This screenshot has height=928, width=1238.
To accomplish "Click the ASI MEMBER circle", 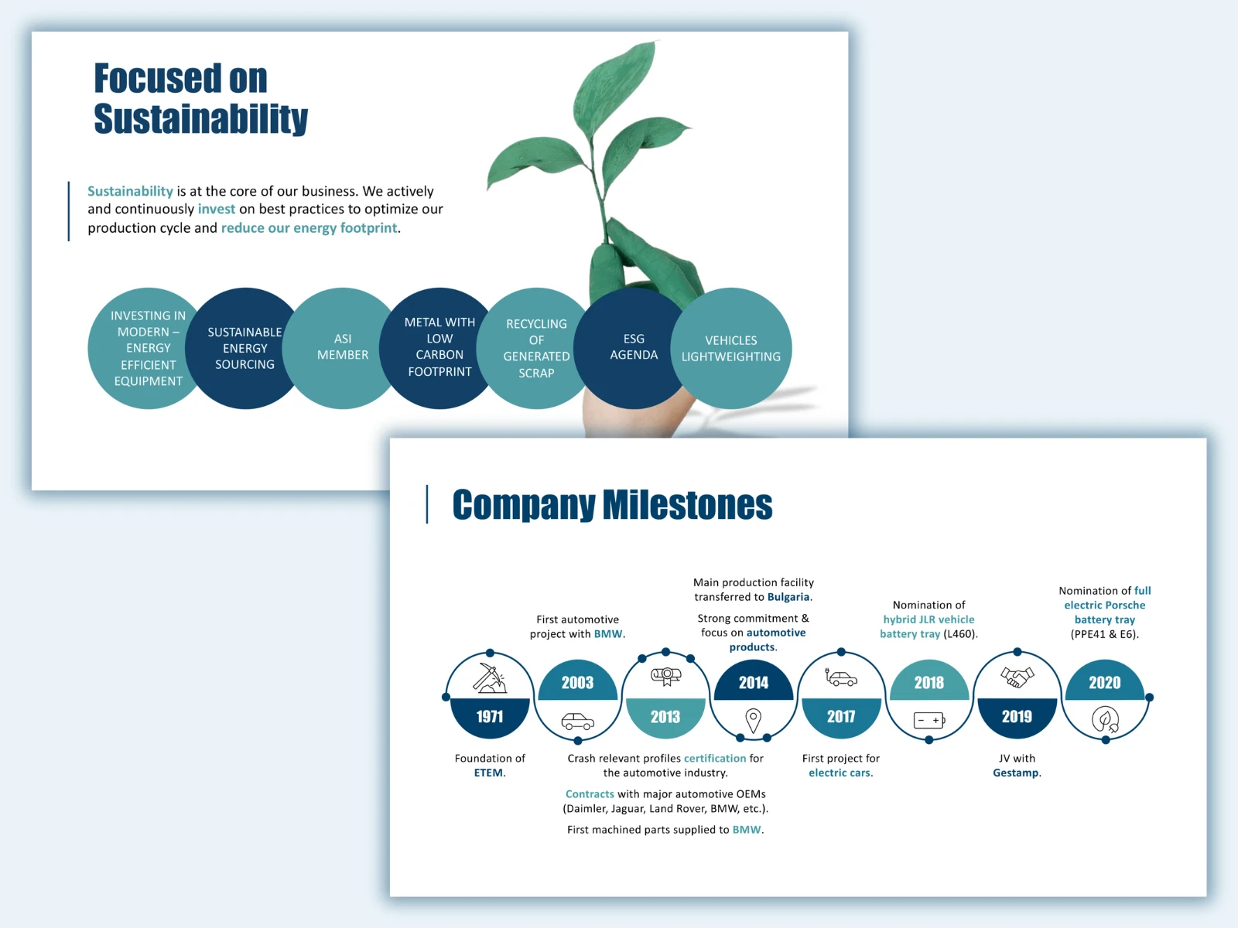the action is [342, 348].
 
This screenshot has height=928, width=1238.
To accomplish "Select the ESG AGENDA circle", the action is [634, 348].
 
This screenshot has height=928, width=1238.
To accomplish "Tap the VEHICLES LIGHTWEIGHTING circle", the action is [731, 348].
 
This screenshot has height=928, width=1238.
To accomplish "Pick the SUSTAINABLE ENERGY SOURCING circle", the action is [245, 348].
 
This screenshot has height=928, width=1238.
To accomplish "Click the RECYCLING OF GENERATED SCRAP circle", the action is [536, 348].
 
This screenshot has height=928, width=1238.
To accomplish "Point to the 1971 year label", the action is [490, 716].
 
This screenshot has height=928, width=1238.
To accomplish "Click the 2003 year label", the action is [577, 682].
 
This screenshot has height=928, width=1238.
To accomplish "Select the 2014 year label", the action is [754, 682].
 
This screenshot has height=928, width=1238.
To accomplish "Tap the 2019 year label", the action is [1017, 716].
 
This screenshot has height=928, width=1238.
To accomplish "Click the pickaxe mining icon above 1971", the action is [490, 677].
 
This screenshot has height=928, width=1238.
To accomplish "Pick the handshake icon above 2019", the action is [1017, 677].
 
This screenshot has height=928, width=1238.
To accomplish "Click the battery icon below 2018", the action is [929, 720].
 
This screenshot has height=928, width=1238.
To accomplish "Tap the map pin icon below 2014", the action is [754, 721].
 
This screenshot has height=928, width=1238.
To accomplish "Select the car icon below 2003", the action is [577, 722].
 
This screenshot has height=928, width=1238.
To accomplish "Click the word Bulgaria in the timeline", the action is [788, 597].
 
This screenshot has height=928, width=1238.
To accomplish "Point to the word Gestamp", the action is [1015, 773].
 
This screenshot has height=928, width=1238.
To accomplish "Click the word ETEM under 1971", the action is [488, 773].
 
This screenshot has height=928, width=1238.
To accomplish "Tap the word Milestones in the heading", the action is [688, 505].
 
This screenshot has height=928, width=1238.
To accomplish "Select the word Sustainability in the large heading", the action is [200, 119].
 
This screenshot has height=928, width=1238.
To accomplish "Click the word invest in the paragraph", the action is [217, 209].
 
